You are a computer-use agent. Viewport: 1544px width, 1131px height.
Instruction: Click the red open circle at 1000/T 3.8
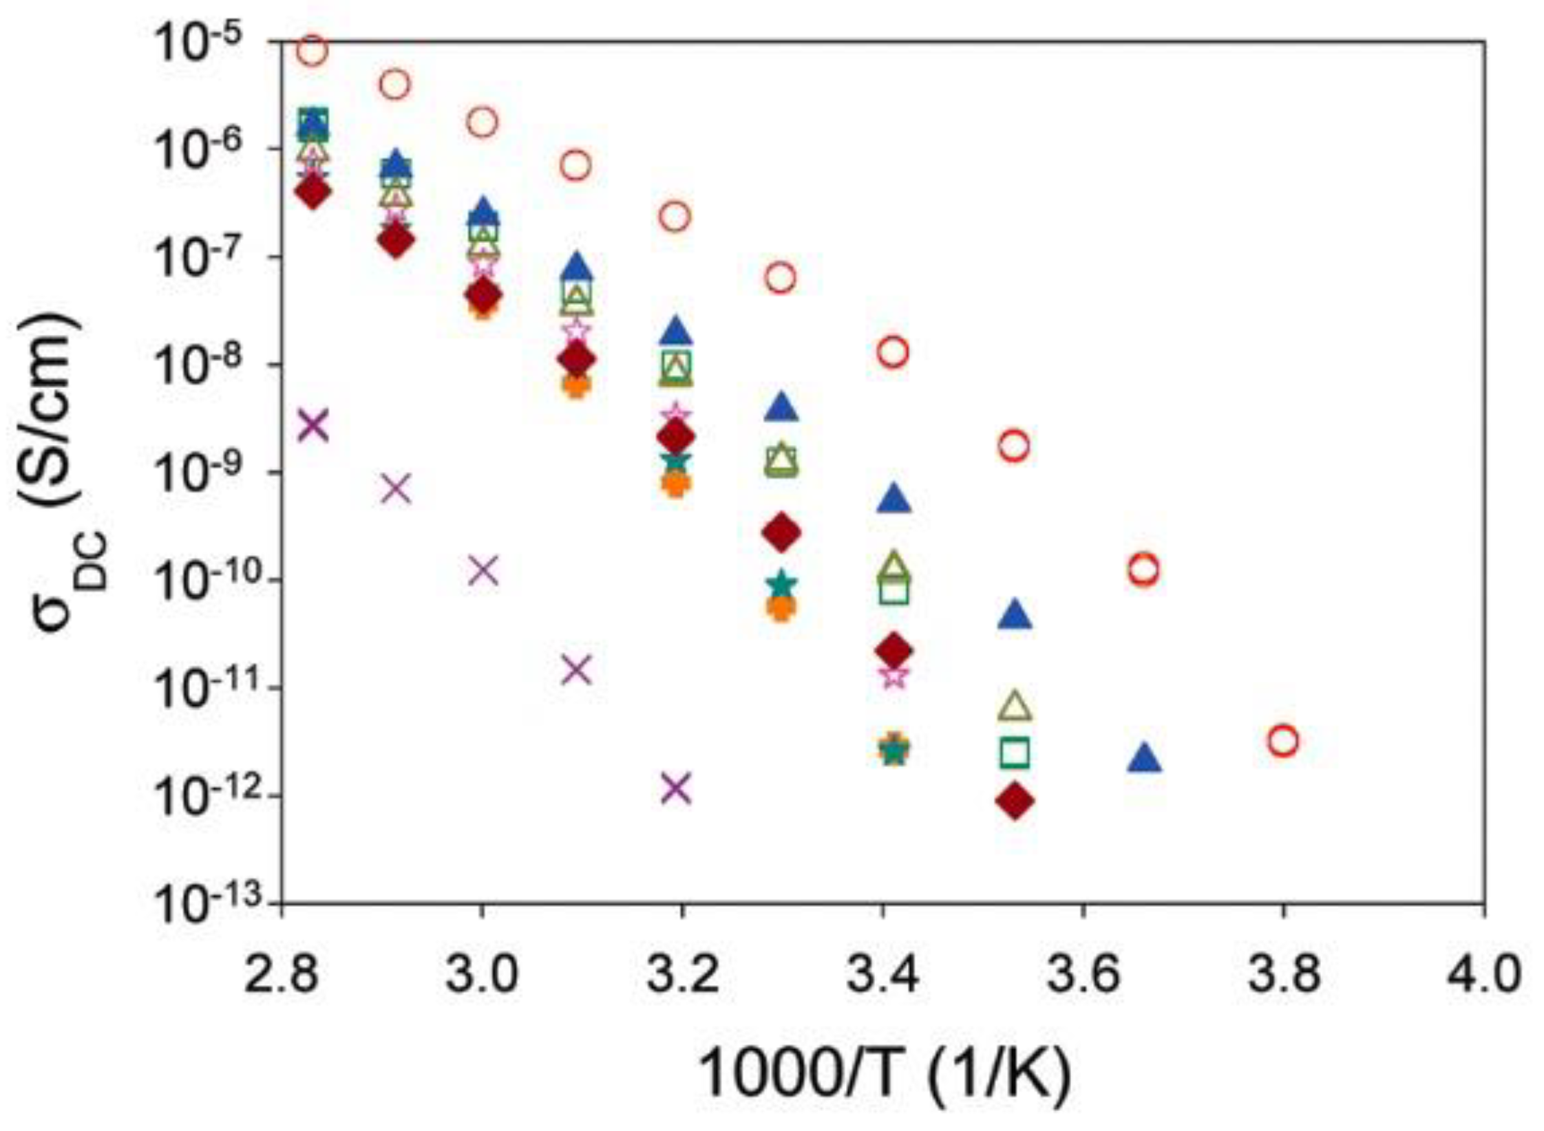tap(1283, 741)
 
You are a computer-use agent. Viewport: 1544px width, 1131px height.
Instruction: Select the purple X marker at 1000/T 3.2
tap(676, 788)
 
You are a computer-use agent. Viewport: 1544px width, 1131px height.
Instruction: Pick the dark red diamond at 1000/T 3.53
tap(1014, 801)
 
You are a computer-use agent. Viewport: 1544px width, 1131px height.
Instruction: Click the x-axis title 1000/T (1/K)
tap(885, 1074)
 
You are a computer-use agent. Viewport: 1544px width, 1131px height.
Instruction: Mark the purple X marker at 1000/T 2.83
tap(313, 425)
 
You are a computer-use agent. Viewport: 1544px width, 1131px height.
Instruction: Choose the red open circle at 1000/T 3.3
tap(781, 279)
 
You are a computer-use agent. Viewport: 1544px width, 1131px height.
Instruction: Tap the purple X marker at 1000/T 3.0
tap(483, 570)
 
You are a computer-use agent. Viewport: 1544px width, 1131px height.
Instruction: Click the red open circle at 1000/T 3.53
tap(1014, 446)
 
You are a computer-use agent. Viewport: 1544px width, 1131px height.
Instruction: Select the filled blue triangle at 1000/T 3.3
tap(781, 409)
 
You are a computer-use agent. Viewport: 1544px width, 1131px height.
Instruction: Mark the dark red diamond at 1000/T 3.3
tap(781, 532)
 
